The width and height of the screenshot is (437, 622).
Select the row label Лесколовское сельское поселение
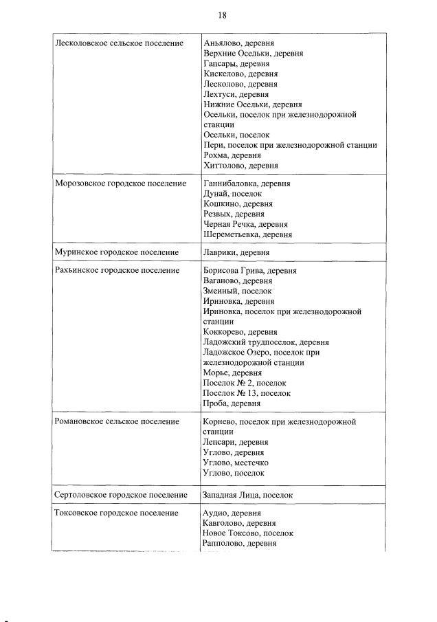pos(119,43)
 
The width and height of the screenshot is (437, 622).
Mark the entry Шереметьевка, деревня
pos(247,234)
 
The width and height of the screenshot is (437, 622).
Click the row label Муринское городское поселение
pos(116,253)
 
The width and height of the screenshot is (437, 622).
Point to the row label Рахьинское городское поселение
pos(117,271)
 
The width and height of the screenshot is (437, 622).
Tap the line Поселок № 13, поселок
pos(247,393)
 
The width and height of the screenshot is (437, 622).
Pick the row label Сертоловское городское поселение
pos(121,495)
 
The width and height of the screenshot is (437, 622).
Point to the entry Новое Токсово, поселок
pos(248,533)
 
